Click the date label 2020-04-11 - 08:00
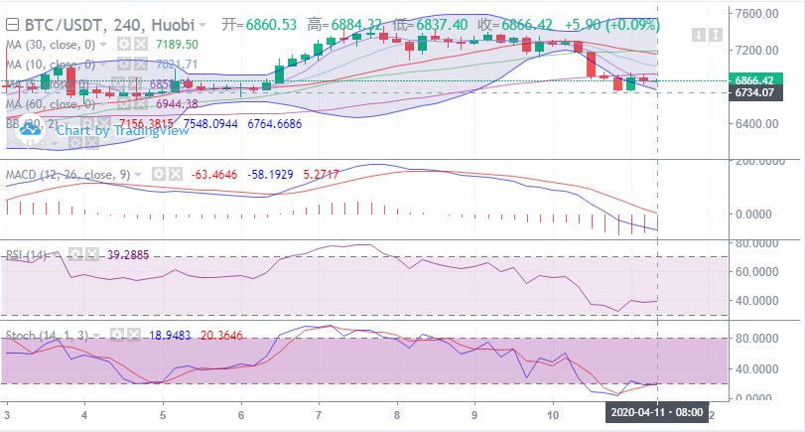coord(658,411)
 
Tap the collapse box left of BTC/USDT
coord(13,23)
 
